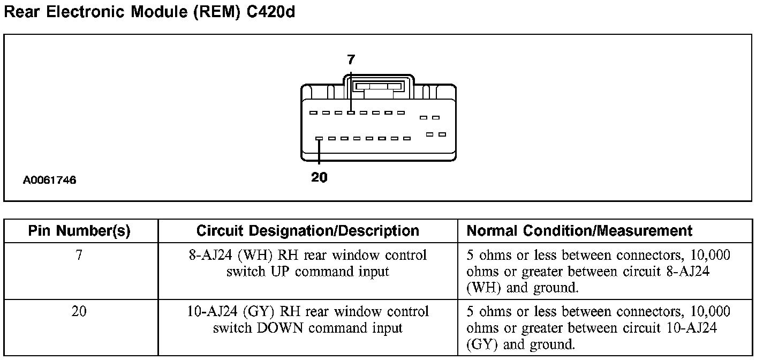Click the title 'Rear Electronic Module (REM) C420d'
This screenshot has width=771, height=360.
[149, 12]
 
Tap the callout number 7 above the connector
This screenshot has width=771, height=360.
[351, 59]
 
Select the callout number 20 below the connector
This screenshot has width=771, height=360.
[319, 177]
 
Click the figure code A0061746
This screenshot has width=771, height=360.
[49, 181]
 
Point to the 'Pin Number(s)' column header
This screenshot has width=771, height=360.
[79, 231]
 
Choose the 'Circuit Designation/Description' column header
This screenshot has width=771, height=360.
[308, 231]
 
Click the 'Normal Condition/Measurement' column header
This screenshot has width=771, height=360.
[580, 231]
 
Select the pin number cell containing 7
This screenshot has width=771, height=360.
[79, 255]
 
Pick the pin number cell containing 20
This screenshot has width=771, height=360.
[79, 311]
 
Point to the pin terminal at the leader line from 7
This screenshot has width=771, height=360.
[351, 112]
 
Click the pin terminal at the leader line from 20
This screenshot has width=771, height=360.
[319, 138]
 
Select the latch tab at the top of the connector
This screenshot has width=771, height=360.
[378, 86]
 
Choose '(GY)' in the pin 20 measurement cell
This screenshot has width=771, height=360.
[483, 344]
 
